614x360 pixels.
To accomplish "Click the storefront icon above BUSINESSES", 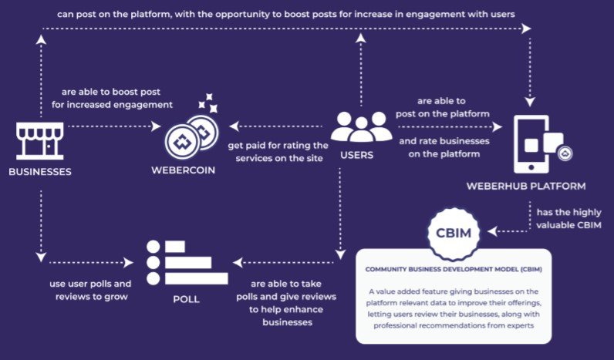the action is coord(39,141).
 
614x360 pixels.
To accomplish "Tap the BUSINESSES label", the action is coord(40,172).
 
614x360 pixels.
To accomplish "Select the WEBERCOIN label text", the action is coord(184,170).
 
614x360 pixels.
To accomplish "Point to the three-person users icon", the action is coord(361,126).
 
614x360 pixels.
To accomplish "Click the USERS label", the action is coord(356,156).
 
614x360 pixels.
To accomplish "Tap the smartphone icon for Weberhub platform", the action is coord(542,143).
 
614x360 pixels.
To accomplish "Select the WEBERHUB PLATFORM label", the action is coord(526,187).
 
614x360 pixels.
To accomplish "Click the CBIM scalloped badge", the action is coord(454,233).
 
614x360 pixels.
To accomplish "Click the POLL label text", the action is coord(187,299).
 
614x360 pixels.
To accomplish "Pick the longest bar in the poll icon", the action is coord(196,278).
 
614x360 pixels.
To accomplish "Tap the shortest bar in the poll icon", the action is coord(174,247).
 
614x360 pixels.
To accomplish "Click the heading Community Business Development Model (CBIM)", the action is coord(454,270).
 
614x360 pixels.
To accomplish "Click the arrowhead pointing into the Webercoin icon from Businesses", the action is coord(157,126).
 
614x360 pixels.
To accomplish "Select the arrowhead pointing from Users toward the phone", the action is coord(498,126).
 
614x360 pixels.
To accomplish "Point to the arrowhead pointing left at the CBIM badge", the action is coord(492,232).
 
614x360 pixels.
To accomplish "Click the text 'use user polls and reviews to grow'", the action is coord(90,290).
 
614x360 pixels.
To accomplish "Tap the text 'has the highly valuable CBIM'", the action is coord(568,219).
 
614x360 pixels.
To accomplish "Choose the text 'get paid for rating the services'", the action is coord(278,152).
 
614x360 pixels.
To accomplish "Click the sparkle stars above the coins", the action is coord(208,103).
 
